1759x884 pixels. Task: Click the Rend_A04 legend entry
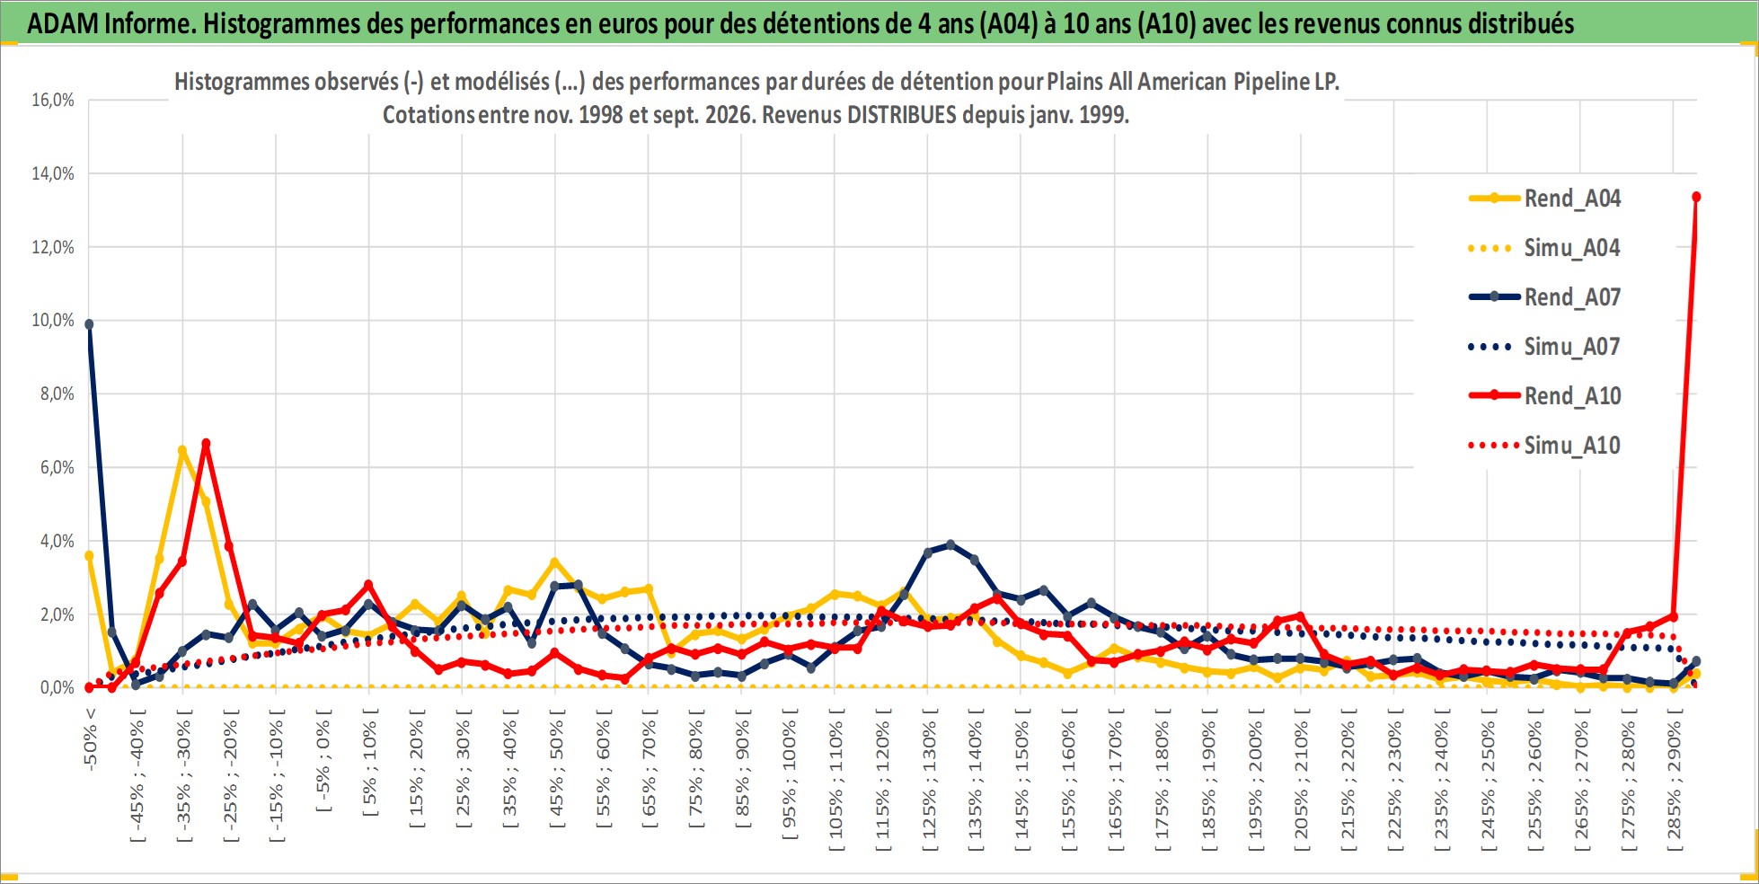(x=1544, y=199)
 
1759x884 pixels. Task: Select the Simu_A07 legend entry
(x=1544, y=347)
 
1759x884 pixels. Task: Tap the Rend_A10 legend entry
(x=1544, y=396)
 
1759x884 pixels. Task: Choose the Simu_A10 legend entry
(x=1544, y=446)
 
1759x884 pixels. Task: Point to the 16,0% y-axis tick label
(x=53, y=100)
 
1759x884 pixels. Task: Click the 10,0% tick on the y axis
(x=53, y=321)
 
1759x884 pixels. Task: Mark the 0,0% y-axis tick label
(x=57, y=688)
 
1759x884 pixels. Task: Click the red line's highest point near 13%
(x=1696, y=197)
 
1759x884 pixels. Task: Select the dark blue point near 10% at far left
(x=89, y=324)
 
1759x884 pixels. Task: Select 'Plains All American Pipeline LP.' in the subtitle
(x=1193, y=82)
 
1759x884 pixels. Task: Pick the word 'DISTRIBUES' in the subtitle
(x=902, y=115)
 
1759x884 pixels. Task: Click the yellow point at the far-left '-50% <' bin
(x=89, y=556)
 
